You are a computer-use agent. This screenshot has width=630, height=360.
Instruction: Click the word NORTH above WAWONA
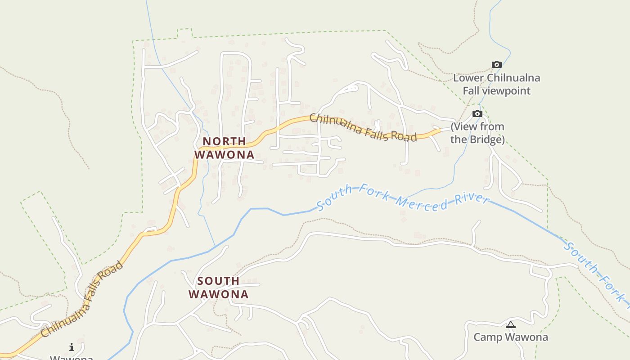224,141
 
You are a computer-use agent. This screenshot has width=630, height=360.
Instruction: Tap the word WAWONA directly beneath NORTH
224,155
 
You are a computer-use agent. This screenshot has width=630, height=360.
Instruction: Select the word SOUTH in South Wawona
218,281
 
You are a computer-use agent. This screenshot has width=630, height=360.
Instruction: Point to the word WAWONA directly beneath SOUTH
218,295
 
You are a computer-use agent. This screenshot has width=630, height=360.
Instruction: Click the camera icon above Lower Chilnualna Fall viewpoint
496,65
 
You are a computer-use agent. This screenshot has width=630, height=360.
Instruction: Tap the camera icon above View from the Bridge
477,113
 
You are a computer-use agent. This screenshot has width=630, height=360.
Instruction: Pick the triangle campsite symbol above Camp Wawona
510,324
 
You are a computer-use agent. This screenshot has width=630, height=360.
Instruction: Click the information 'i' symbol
71,347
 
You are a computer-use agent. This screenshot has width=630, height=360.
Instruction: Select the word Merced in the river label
422,202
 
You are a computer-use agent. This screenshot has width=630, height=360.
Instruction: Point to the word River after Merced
471,199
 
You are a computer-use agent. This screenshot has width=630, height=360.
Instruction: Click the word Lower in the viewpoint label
468,78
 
